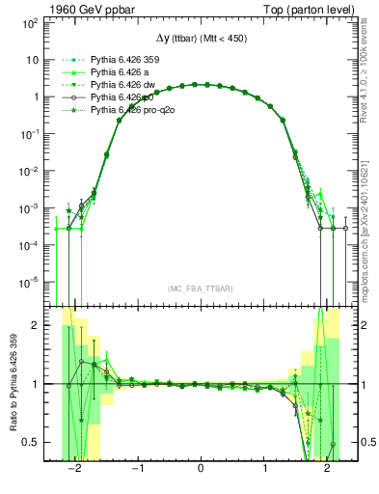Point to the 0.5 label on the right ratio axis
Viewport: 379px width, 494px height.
click(x=359, y=442)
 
